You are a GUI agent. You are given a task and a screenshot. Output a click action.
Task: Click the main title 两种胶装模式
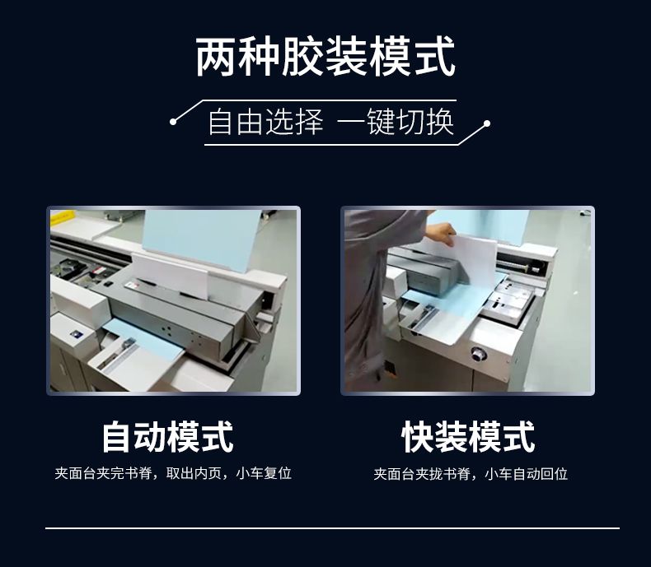[x=325, y=57]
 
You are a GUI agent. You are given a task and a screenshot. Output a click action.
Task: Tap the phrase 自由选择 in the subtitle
[x=265, y=123]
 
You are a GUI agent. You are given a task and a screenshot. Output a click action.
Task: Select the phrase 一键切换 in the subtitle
[x=396, y=123]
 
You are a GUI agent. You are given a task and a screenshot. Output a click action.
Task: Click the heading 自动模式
[x=168, y=437]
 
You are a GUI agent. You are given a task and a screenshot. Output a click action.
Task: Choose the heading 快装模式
[x=468, y=437]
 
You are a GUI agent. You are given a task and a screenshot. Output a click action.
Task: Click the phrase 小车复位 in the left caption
[x=264, y=473]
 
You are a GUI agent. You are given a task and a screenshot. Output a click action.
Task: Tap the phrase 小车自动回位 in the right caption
[x=526, y=474]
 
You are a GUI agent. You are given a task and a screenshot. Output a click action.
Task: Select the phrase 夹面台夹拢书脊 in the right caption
[x=422, y=474]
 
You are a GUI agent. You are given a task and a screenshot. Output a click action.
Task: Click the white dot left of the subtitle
[x=174, y=122]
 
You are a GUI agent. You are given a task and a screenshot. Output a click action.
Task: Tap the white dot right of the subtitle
[x=487, y=123]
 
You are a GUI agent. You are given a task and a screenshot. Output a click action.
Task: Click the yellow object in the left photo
[x=63, y=216]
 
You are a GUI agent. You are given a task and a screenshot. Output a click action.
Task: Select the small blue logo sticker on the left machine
[x=76, y=333]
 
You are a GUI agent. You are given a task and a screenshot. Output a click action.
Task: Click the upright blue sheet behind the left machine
[x=201, y=239]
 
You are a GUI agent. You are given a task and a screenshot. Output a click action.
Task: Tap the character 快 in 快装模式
[x=418, y=437]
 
